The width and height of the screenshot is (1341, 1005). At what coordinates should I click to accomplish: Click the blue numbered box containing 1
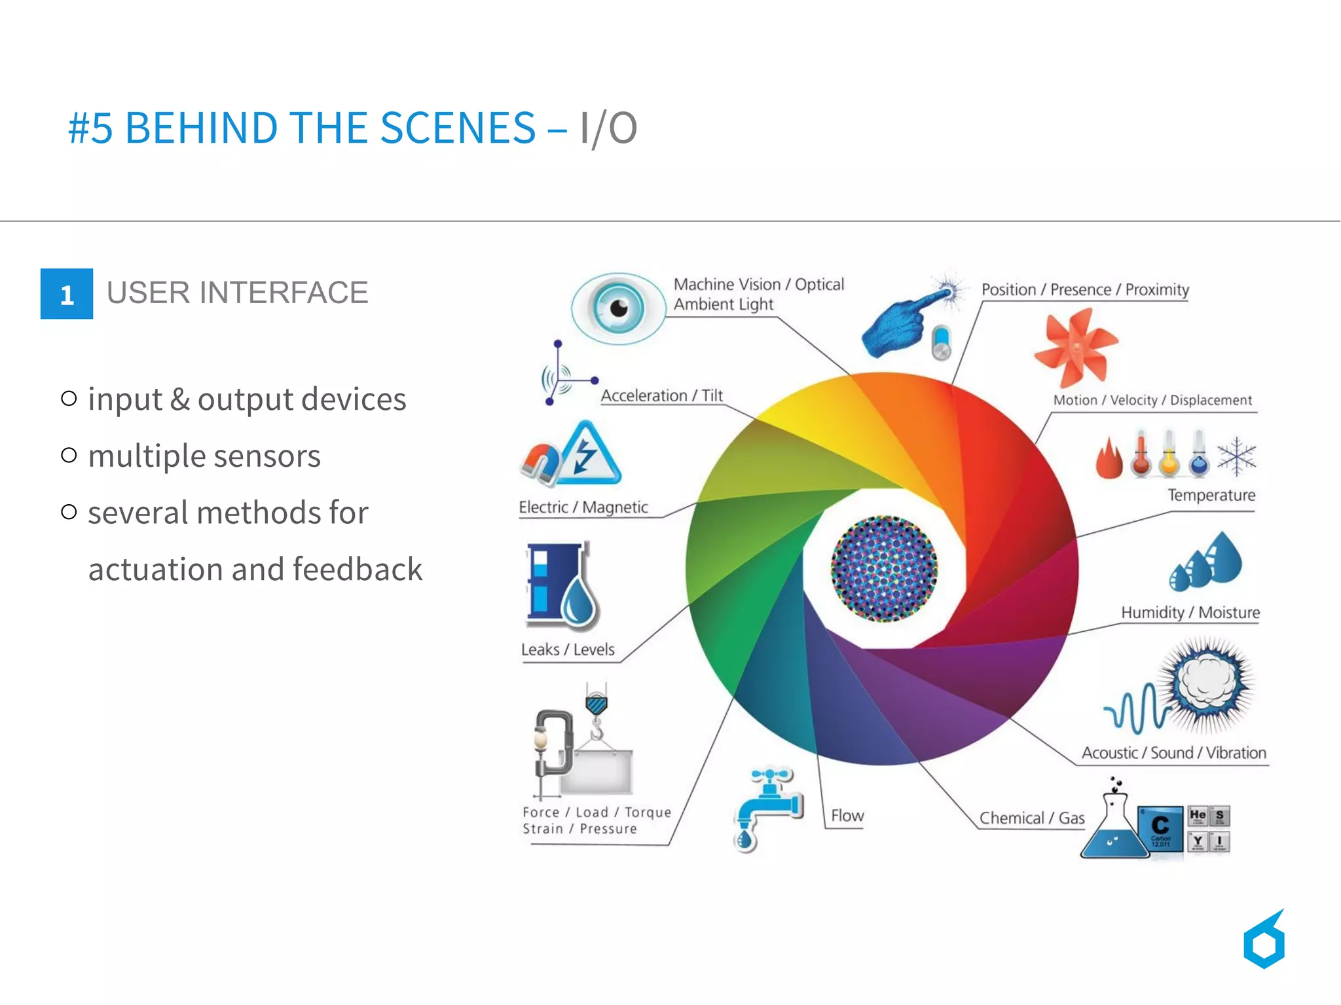tap(66, 294)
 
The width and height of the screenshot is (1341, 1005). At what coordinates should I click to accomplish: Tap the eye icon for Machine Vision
tap(617, 308)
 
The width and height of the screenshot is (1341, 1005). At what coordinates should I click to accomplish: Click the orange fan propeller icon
tap(1075, 348)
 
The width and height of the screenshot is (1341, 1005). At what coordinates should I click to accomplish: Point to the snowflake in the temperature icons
tap(1236, 456)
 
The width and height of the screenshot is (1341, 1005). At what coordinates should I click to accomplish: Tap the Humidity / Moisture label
tap(1190, 613)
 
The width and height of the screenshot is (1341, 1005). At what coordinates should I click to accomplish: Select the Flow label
tap(847, 816)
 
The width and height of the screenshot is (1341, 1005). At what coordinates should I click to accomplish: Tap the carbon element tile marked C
tap(1160, 828)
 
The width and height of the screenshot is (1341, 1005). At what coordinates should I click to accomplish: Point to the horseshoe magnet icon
tap(541, 463)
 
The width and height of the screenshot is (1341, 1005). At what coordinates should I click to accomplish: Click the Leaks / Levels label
tap(568, 649)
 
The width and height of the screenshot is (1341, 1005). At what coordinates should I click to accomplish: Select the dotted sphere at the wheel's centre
tap(884, 568)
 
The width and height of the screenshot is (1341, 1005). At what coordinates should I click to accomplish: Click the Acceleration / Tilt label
tap(661, 396)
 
